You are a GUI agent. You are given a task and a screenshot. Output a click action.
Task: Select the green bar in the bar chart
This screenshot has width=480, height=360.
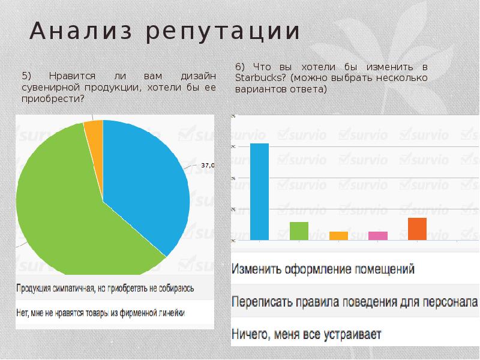point(299,231)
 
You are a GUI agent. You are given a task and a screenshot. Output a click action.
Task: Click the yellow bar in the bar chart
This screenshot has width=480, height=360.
point(338,236)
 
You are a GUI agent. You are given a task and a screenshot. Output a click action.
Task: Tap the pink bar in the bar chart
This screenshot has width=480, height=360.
point(378,236)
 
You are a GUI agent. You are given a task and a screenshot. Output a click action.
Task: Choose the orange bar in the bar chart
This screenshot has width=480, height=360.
point(417,229)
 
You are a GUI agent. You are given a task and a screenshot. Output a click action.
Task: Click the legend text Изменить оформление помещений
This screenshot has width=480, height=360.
point(323,269)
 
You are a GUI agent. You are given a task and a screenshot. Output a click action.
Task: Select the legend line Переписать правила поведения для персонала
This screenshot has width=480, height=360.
point(354,301)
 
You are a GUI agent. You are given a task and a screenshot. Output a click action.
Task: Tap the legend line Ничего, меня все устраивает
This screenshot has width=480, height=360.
point(307,333)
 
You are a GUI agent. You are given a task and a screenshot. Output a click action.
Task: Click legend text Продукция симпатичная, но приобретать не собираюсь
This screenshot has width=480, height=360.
point(105,289)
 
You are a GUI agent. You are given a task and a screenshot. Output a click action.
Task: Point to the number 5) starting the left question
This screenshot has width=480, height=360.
point(26,76)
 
